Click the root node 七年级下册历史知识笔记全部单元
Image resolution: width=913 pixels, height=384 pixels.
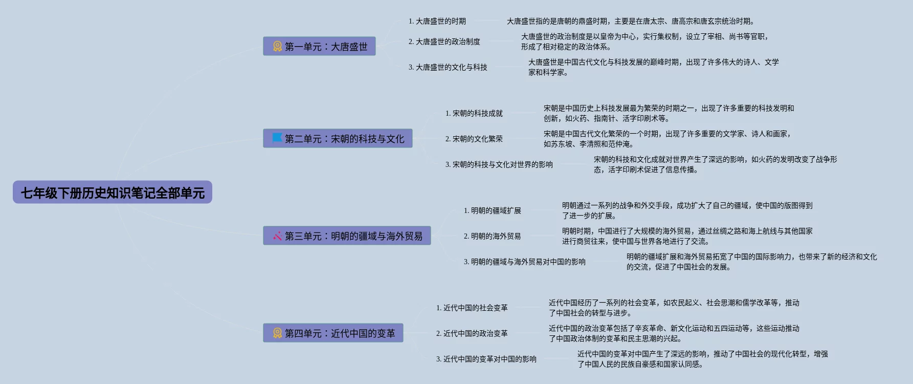coord(113,193)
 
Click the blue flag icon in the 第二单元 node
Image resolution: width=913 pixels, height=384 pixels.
coord(277,138)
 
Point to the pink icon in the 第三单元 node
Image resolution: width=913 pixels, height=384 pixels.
coord(277,236)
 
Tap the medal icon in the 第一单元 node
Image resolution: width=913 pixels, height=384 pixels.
coord(277,47)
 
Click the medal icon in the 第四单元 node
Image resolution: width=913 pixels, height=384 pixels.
coord(277,333)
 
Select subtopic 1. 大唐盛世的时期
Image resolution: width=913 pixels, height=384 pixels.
coord(437,21)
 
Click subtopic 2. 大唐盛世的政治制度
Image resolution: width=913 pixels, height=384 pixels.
coord(444,41)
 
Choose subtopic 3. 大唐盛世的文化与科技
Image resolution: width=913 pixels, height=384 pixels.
coord(448,67)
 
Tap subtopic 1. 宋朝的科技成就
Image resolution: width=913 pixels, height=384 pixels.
coord(474,113)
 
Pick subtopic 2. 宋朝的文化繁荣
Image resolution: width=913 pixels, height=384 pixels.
coord(474,139)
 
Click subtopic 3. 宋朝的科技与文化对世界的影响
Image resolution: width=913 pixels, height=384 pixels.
coord(499,164)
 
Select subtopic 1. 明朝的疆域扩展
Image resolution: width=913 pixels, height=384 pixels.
coord(493,210)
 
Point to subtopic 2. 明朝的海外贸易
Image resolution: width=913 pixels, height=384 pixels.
coord(493,236)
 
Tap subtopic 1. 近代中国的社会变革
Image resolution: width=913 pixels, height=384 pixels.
coord(472,308)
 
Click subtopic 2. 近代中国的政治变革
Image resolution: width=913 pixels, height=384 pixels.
coord(472,333)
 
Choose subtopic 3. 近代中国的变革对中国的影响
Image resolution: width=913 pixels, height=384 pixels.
coord(486,359)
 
